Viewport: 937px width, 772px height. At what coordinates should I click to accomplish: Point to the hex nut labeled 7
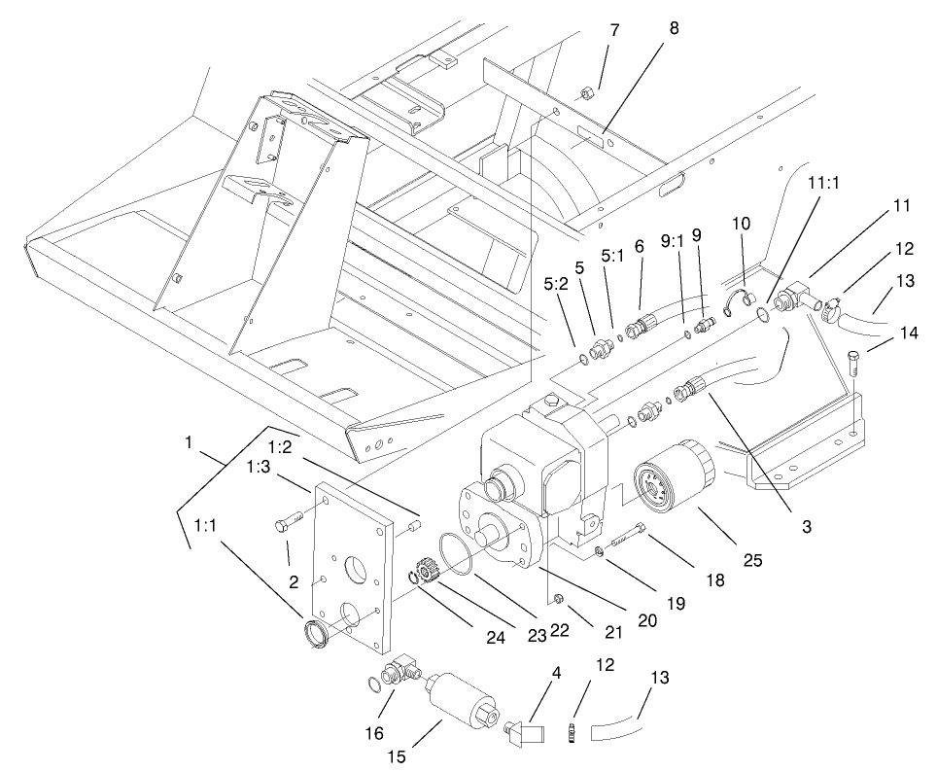click(586, 95)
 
